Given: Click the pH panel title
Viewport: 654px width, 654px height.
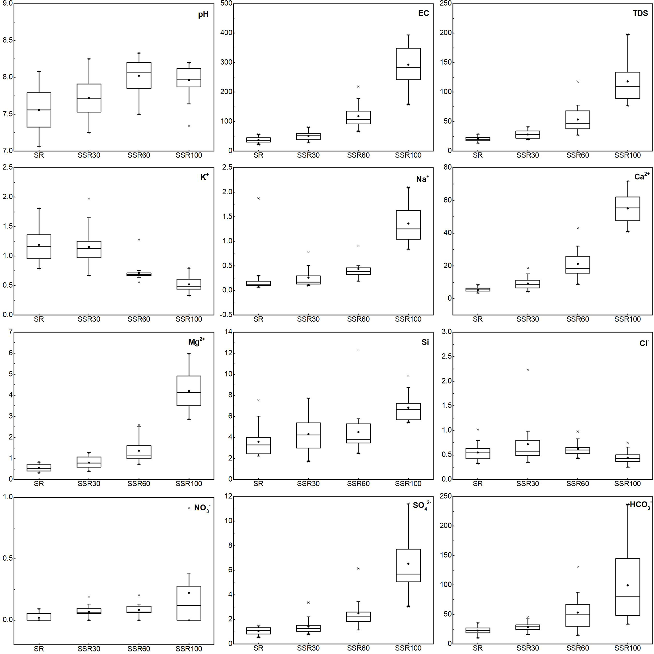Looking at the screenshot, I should tap(203, 15).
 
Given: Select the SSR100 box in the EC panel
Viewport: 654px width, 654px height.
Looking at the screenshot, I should tap(408, 64).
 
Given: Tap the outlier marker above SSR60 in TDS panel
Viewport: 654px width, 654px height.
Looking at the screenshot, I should tap(578, 82).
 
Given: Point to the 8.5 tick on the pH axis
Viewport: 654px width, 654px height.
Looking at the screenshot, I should tap(8, 40).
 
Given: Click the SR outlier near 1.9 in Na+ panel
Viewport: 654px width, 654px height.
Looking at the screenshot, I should tap(258, 198).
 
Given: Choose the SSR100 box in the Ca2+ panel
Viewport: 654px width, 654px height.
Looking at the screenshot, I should tap(628, 209).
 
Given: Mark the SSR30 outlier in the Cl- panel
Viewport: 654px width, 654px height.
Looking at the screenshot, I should tap(528, 370).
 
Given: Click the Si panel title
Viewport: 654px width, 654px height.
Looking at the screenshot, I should tap(425, 342).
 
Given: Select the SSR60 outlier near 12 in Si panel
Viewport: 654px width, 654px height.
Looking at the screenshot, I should tap(358, 350).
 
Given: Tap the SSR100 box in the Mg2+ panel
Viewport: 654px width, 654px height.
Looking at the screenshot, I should tap(189, 391).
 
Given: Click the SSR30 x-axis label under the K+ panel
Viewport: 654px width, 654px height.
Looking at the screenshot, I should tap(89, 319).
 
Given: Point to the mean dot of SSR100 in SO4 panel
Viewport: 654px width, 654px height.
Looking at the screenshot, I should tap(408, 564).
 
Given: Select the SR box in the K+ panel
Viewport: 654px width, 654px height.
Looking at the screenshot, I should tap(39, 246).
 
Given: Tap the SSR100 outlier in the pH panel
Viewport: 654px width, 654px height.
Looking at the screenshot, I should tap(189, 126).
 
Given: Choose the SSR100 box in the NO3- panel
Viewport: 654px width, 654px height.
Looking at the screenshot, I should tap(189, 603).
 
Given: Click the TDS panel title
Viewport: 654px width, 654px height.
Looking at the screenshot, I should tap(640, 13).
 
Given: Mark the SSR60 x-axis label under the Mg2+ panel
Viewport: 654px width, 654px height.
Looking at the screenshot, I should tap(139, 484).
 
